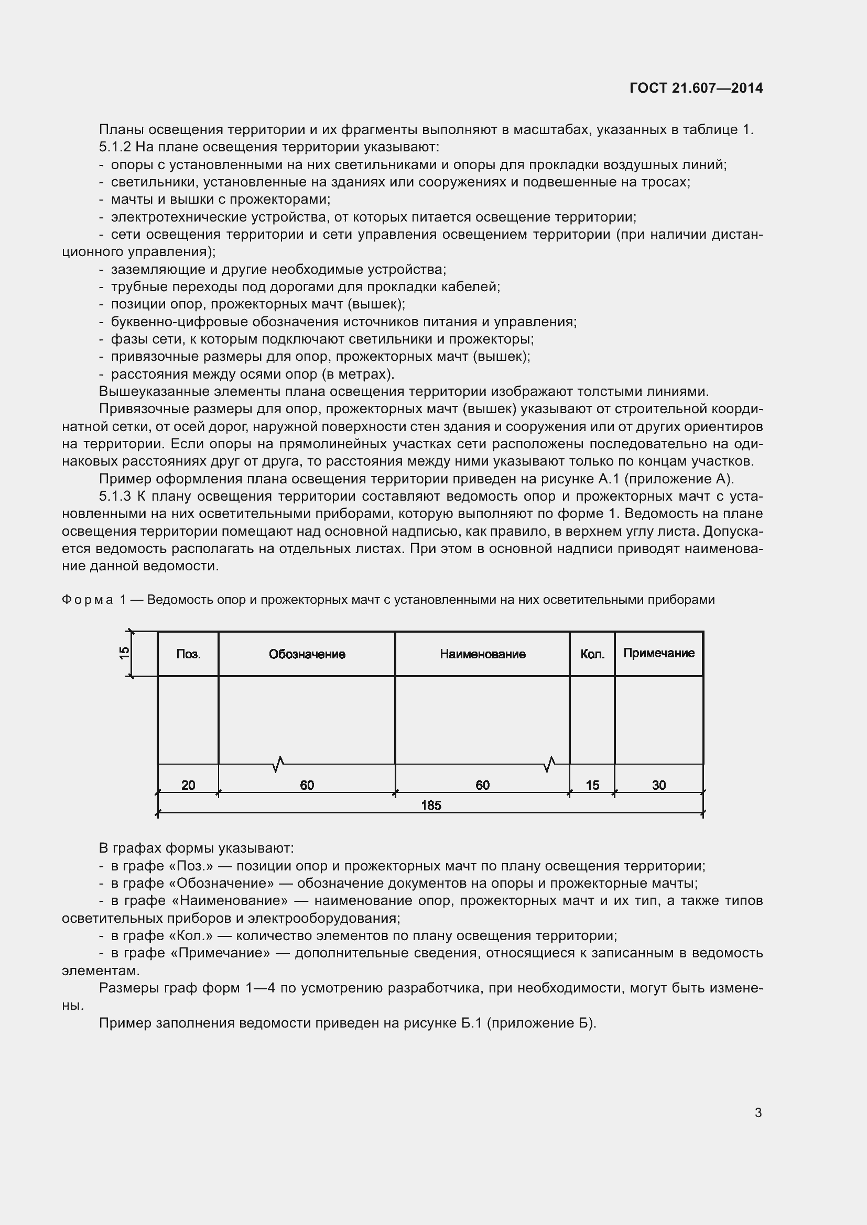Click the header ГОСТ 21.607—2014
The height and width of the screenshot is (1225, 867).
(x=696, y=88)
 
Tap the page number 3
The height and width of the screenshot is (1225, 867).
(x=758, y=1112)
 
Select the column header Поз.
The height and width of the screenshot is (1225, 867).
(x=189, y=654)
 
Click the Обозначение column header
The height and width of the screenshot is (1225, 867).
(x=307, y=654)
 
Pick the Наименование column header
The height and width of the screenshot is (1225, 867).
(x=483, y=654)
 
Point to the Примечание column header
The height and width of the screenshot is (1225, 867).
(x=659, y=653)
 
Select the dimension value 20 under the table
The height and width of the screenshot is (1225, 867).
(x=188, y=785)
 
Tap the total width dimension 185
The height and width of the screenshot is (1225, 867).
(x=431, y=805)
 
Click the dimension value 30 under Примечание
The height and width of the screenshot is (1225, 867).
(x=659, y=785)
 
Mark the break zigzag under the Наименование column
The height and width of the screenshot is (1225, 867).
(x=549, y=765)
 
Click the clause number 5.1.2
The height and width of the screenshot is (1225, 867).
(x=115, y=147)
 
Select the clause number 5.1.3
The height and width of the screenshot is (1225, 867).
(x=115, y=496)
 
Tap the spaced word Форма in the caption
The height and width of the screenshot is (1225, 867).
(x=88, y=600)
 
